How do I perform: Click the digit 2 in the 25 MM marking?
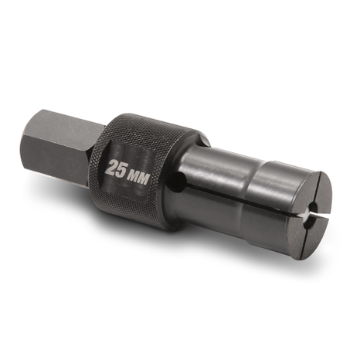click(113, 168)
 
